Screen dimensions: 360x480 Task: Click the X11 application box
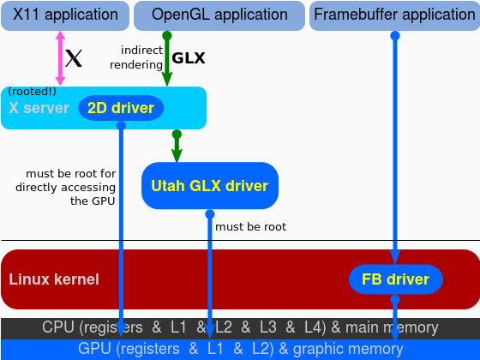[65, 15]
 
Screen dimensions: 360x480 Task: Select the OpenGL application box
[219, 15]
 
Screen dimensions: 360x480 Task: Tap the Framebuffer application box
[393, 15]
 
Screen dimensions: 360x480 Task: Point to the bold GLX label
[189, 59]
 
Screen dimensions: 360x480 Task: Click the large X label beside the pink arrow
[75, 59]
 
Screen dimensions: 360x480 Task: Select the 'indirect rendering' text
[137, 57]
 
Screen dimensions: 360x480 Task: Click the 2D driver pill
[121, 108]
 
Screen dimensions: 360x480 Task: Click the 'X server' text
[38, 109]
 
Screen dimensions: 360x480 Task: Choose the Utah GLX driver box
[210, 186]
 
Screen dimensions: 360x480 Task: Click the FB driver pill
[395, 279]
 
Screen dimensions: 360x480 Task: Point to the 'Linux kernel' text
[54, 279]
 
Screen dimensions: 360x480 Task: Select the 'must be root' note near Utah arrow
[250, 227]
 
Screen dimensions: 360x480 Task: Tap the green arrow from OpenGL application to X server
[167, 60]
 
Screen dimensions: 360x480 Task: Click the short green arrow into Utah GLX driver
[177, 147]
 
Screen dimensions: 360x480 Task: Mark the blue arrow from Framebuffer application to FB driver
[395, 146]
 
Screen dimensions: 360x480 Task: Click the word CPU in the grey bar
[57, 327]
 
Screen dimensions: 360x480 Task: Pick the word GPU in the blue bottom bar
[93, 349]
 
